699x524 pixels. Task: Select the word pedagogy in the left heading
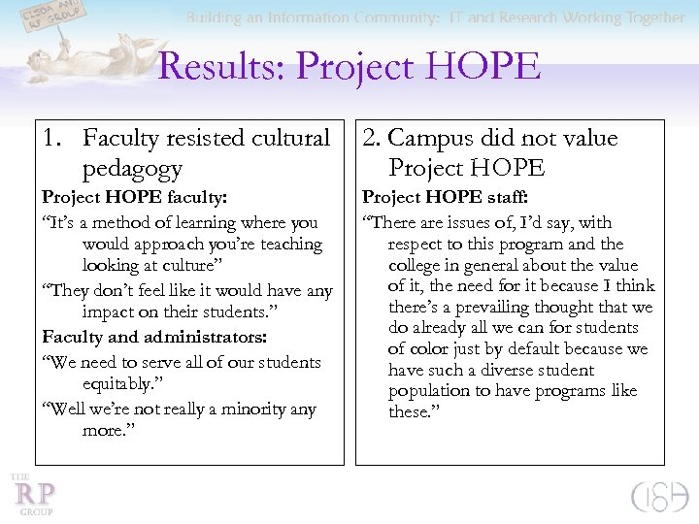[132, 168]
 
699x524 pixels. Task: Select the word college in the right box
[416, 264]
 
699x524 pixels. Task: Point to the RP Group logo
[33, 494]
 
